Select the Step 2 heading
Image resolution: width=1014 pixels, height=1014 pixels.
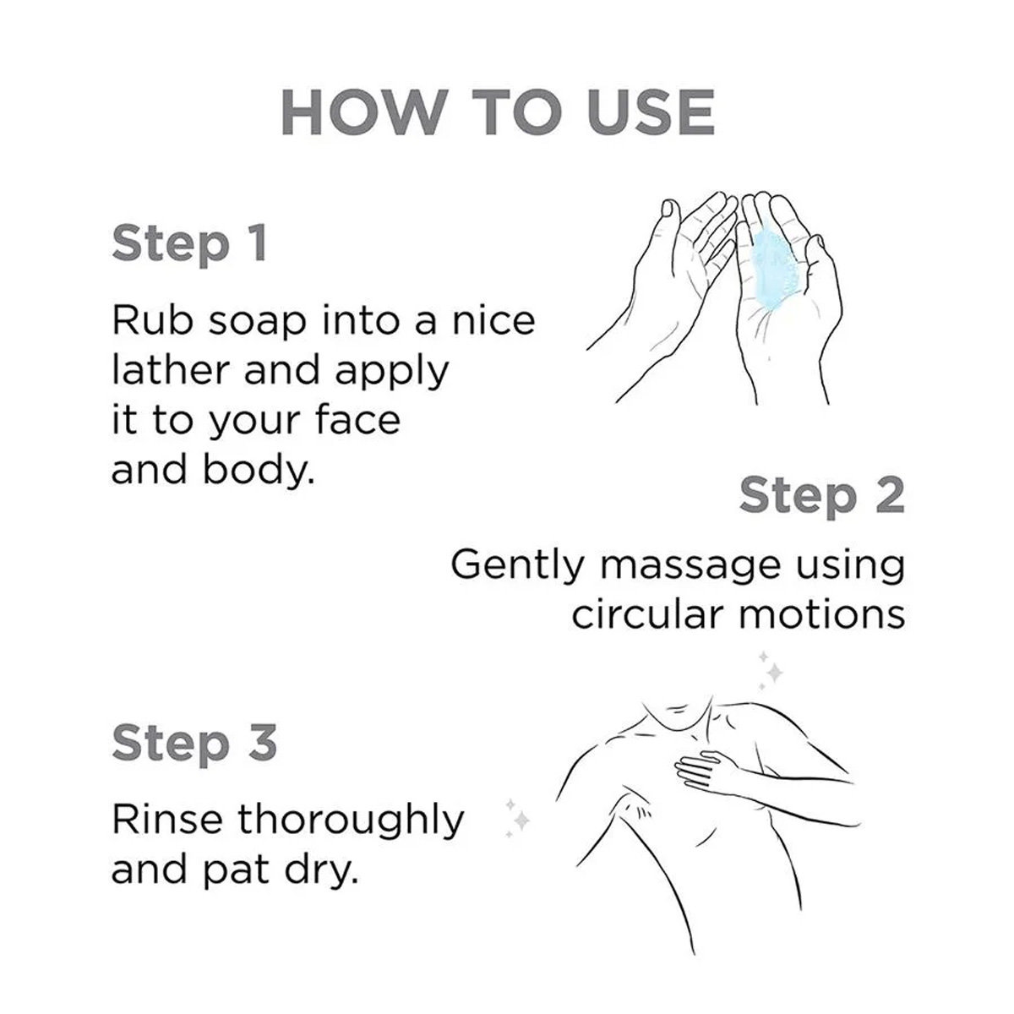click(x=822, y=496)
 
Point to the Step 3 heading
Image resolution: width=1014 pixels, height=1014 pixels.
click(x=194, y=743)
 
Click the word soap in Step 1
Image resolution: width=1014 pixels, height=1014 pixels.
click(x=258, y=323)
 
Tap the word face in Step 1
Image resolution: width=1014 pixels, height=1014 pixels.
click(x=357, y=420)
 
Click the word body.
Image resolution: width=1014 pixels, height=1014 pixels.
click(x=258, y=469)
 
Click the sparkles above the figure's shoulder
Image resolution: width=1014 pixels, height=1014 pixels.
click(x=768, y=670)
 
